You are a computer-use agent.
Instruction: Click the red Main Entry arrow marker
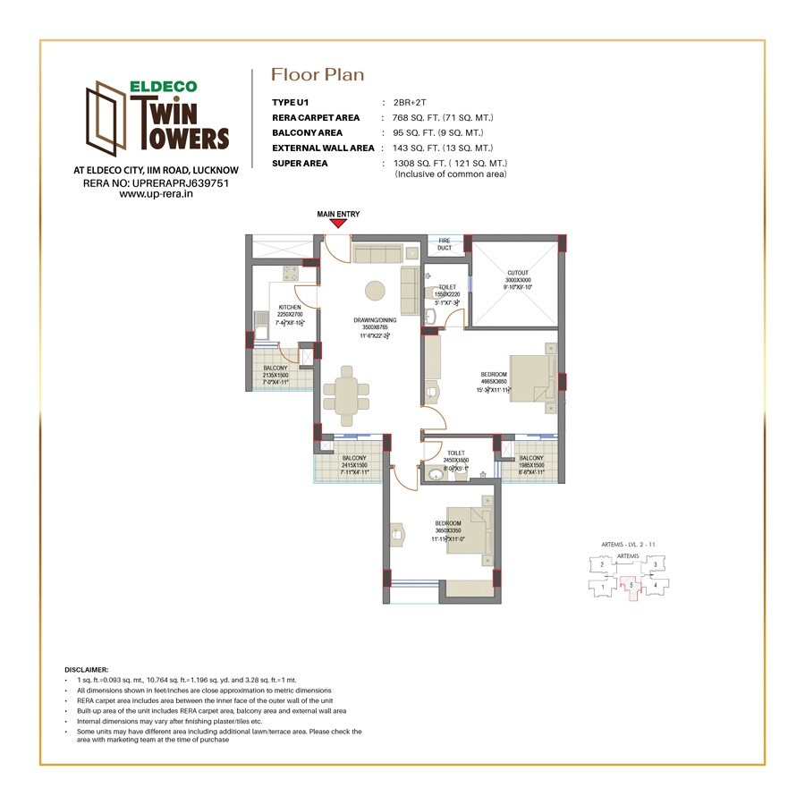coord(337,225)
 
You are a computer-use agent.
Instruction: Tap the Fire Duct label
coord(445,244)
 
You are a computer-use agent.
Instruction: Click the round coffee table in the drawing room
coord(375,292)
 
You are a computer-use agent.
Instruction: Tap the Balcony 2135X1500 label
coord(275,375)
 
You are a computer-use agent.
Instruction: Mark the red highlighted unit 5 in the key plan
coord(631,587)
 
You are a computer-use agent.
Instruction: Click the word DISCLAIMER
coord(87,669)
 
